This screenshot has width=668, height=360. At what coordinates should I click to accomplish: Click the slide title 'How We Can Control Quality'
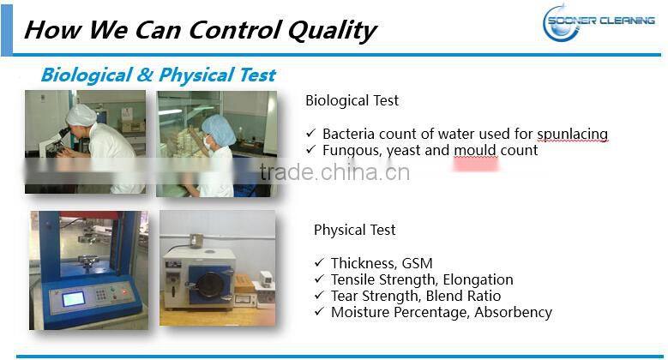point(199,30)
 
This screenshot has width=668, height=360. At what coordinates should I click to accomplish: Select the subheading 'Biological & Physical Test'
point(158,75)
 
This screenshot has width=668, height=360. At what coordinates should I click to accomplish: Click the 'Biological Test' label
point(352,100)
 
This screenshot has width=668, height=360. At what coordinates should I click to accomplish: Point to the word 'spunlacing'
point(573,134)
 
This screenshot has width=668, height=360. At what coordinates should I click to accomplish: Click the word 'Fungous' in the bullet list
point(351,150)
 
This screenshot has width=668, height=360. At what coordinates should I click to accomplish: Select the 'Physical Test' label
point(354,230)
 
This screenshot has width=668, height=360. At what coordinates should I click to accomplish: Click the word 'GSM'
point(417,263)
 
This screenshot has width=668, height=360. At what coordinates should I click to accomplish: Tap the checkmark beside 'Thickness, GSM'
point(319,263)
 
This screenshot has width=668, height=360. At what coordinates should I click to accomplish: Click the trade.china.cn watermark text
point(334,172)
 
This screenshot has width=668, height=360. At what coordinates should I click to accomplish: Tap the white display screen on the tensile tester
point(73,299)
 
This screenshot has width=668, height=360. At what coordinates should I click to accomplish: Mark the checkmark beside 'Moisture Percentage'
point(319,312)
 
